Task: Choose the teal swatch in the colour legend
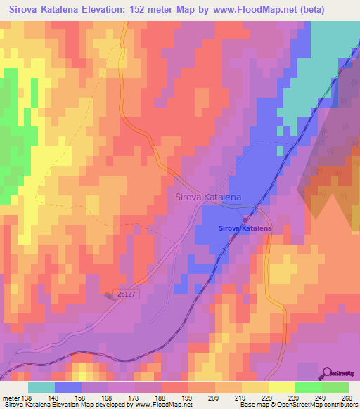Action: click(41, 387)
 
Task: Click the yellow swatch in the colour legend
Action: click(281, 387)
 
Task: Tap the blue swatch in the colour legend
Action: click(68, 387)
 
